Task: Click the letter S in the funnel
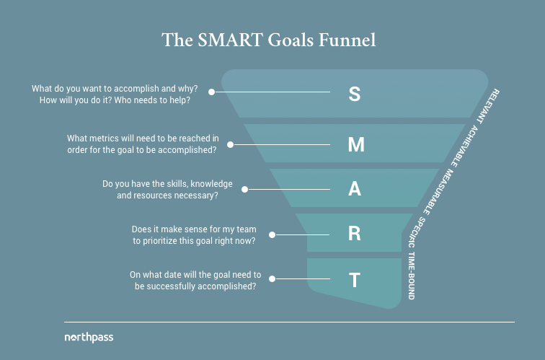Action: coord(354,93)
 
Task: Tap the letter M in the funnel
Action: coord(356,144)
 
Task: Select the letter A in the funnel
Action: coord(355,189)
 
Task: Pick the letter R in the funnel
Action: coord(355,234)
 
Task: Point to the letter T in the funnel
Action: coord(355,279)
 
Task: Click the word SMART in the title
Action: coord(230,40)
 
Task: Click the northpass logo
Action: coord(89,337)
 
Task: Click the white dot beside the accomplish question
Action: coord(212,92)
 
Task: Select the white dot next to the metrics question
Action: coord(231,144)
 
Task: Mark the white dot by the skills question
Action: coord(245,189)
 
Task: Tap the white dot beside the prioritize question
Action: coord(252,234)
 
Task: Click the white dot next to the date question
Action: coord(267,279)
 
